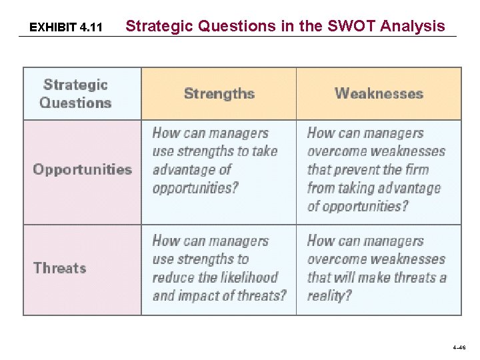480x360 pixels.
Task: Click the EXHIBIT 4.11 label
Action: click(x=66, y=27)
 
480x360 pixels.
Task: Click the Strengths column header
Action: click(x=219, y=93)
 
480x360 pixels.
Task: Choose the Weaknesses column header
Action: click(x=379, y=93)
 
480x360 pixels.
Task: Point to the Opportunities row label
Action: click(x=83, y=169)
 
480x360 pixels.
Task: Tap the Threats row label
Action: click(x=60, y=268)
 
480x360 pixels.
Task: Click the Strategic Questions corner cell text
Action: click(x=75, y=94)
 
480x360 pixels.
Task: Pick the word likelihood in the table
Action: click(x=249, y=277)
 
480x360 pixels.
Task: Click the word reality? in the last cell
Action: click(x=329, y=295)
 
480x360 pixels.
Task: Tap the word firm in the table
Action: click(x=415, y=169)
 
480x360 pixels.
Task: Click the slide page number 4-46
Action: click(x=459, y=347)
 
